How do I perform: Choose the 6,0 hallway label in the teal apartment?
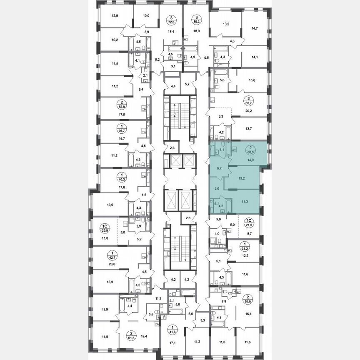point(216,188)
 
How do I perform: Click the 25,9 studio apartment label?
point(105,229)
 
